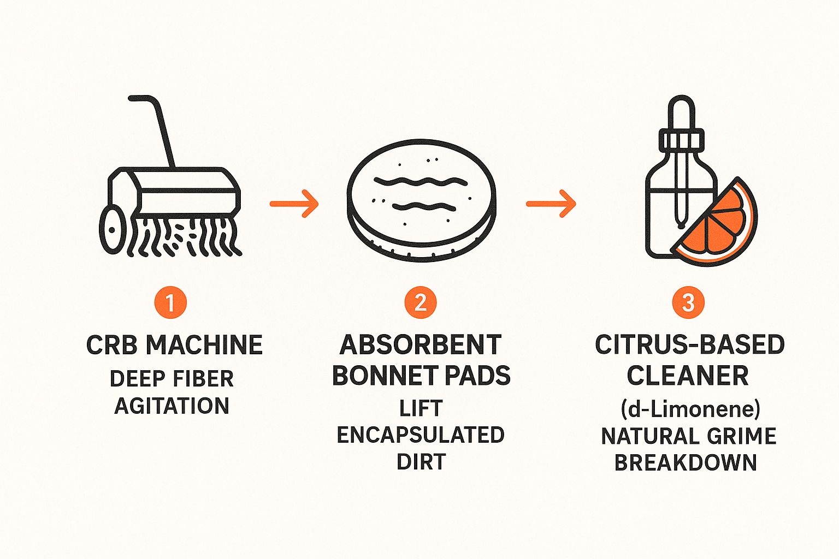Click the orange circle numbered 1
170,302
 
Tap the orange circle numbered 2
420,302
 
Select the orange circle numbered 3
688,302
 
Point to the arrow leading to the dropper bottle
551,204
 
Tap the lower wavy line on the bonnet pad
424,206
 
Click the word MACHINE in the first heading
204,345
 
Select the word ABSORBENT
420,345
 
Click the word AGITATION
172,406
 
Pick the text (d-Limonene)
690,408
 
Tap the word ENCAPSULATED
420,435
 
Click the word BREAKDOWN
686,462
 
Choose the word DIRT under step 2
421,462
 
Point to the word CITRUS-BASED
689,345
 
